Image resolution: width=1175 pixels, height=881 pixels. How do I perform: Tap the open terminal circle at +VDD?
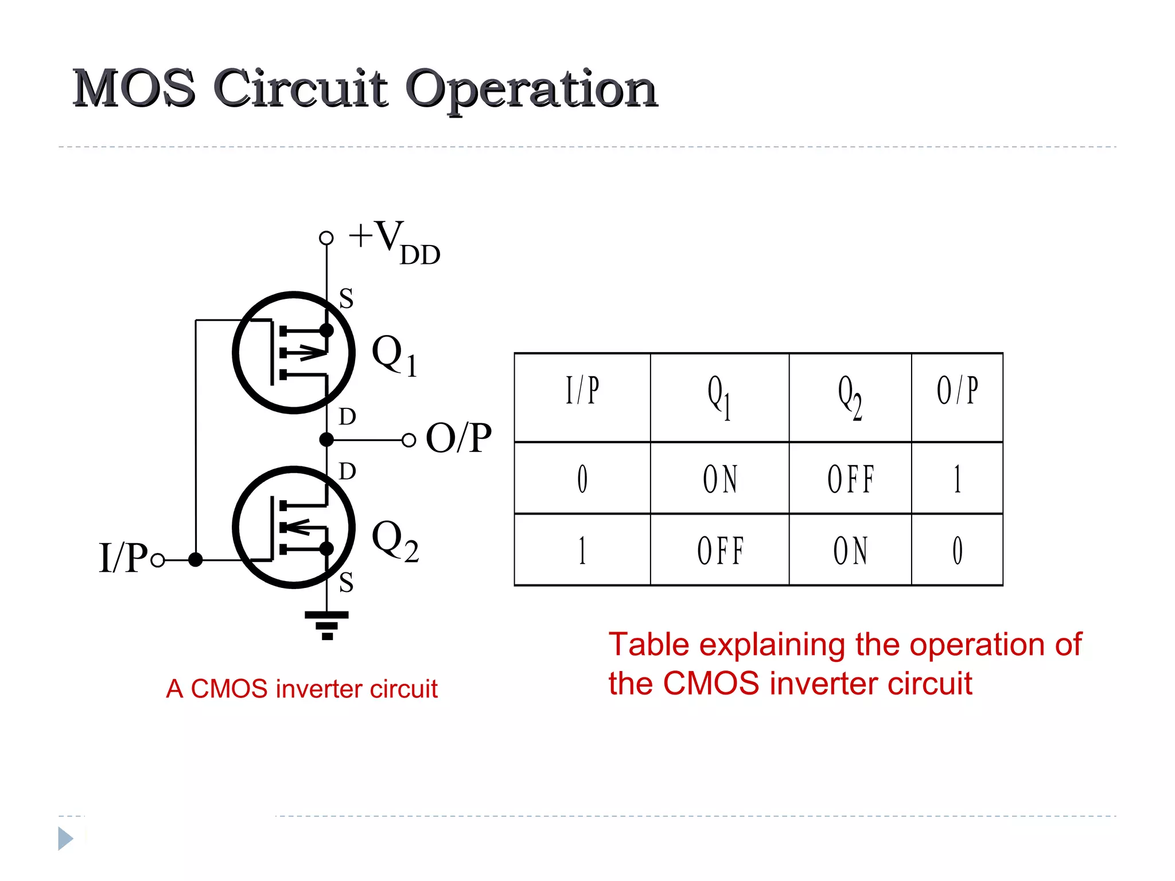(x=326, y=237)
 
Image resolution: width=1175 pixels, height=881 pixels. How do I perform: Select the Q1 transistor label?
(x=394, y=355)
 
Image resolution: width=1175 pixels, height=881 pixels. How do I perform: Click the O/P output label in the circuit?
(x=458, y=438)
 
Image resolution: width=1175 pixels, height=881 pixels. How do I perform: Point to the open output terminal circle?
(x=408, y=440)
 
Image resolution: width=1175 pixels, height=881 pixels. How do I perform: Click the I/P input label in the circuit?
(x=123, y=558)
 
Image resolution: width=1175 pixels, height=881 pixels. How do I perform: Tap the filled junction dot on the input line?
(x=196, y=560)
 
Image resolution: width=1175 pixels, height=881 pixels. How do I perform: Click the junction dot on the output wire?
(x=326, y=440)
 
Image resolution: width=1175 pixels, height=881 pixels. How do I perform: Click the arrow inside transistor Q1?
(x=312, y=352)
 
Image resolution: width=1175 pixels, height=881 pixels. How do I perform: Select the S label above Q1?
(x=346, y=299)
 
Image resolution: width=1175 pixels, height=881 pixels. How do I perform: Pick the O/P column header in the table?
(x=957, y=391)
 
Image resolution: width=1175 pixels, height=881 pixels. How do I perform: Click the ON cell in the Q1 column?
(x=720, y=480)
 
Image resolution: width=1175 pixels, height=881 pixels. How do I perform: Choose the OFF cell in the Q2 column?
(x=850, y=480)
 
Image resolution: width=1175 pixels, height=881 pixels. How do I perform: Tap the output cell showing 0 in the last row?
(x=957, y=551)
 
